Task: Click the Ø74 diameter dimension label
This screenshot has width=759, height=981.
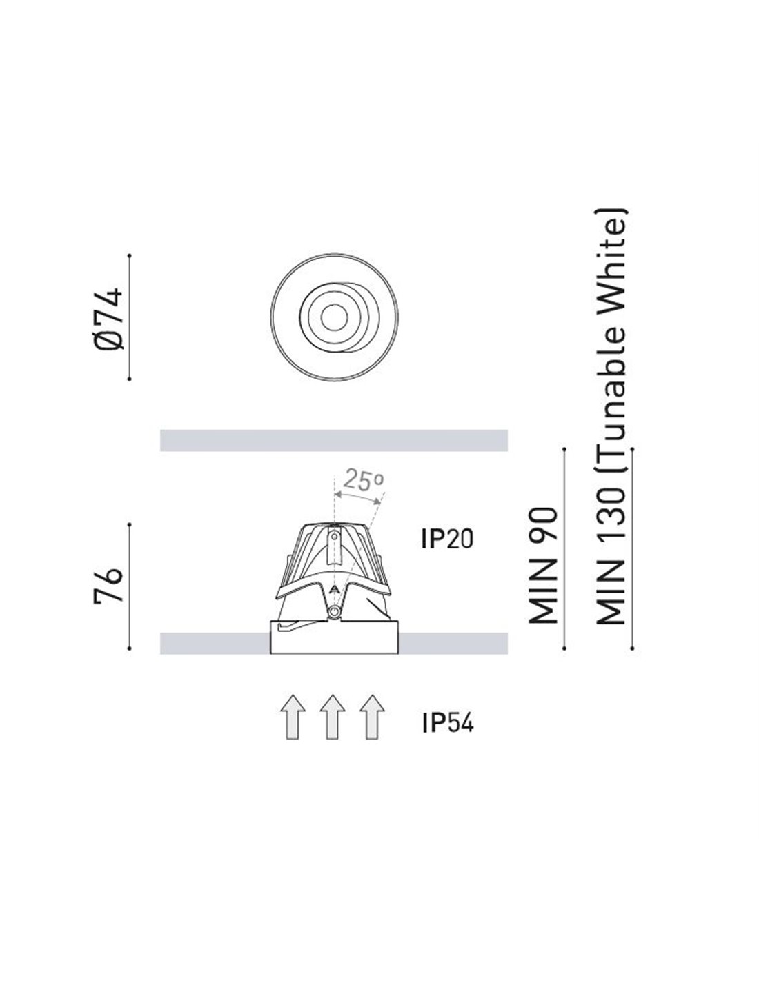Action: [x=108, y=319]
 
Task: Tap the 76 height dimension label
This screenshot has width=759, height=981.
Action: [x=108, y=586]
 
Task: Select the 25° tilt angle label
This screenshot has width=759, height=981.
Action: [x=364, y=480]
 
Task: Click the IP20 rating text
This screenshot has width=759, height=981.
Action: [x=447, y=539]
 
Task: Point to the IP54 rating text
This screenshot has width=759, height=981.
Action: [x=447, y=723]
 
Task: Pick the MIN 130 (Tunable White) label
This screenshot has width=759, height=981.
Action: [x=611, y=416]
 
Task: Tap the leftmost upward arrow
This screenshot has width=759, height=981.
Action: [x=293, y=717]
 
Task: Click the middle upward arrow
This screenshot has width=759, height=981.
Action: [x=333, y=717]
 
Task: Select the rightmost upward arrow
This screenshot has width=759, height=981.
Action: [x=372, y=717]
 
